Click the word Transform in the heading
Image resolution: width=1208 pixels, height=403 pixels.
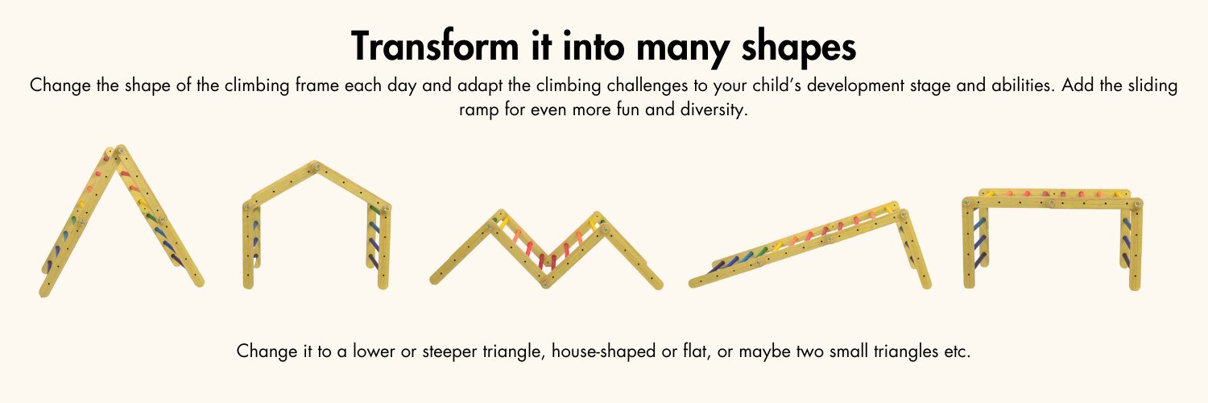click(435, 46)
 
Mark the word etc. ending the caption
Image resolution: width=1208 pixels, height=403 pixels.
click(957, 351)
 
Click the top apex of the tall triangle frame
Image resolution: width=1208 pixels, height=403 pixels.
click(120, 149)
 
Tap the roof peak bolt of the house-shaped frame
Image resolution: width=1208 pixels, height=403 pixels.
click(316, 167)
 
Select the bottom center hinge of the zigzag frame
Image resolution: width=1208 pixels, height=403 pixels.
click(545, 284)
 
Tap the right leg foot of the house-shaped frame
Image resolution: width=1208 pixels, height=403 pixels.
click(383, 285)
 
